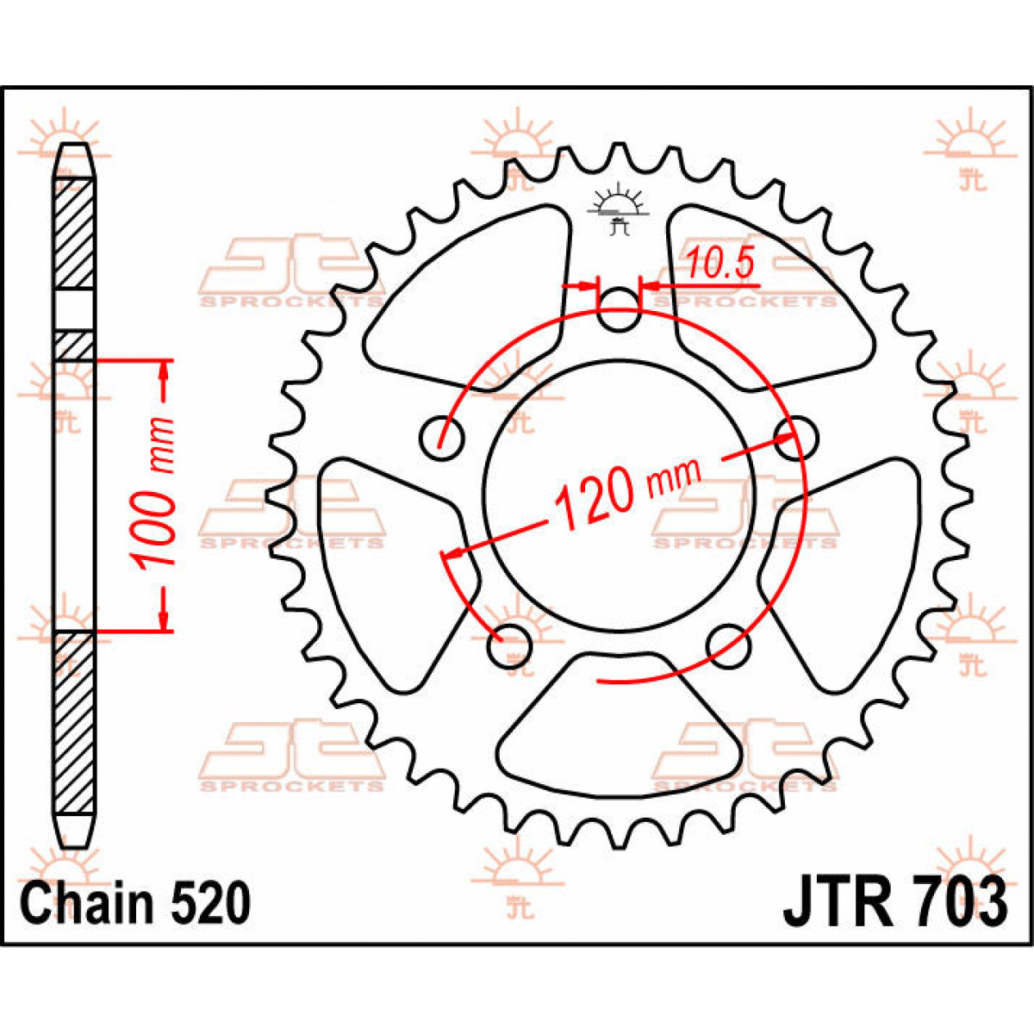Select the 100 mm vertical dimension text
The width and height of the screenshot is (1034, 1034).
coord(155,494)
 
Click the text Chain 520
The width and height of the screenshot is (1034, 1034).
coord(135,904)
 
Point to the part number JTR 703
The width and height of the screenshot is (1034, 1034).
coord(894,902)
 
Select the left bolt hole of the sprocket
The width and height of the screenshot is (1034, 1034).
coord(442,437)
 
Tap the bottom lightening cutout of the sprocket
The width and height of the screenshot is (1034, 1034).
coord(620,724)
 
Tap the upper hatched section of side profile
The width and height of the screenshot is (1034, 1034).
coord(75,233)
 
